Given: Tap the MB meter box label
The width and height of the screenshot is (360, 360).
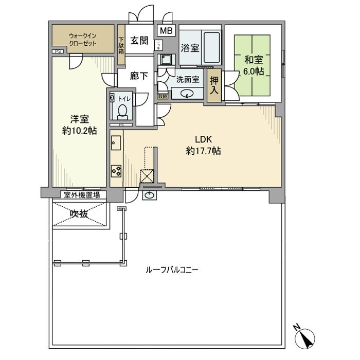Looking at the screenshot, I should (x=166, y=31).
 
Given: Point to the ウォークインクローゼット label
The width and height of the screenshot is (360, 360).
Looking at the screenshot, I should (x=84, y=40).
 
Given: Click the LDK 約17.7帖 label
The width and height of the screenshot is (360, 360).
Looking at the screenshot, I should (x=203, y=145).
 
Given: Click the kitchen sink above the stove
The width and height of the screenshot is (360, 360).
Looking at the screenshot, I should (x=116, y=142).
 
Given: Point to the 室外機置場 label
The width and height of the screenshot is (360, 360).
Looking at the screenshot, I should (x=82, y=195).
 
